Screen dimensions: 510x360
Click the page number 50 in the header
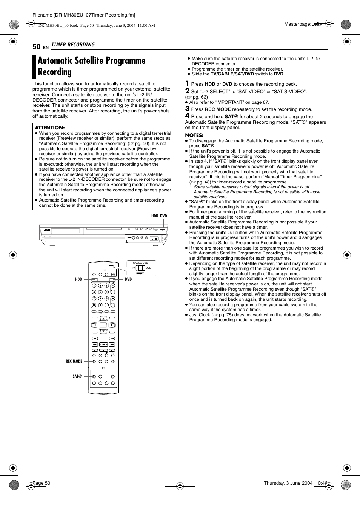36,46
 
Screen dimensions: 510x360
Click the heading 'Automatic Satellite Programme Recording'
91,66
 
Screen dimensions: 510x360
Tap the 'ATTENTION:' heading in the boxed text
50,128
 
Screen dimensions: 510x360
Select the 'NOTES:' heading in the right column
194,135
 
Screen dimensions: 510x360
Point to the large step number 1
187,83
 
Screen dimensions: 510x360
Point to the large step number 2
187,91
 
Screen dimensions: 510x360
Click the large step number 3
187,109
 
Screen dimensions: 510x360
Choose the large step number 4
187,116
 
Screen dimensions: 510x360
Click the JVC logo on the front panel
47,230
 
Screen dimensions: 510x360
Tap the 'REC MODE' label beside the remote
74,361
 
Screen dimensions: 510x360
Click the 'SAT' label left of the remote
77,376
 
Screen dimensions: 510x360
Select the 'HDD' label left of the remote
78,280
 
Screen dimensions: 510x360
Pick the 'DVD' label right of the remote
128,280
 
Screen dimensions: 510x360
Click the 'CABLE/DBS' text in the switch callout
140,263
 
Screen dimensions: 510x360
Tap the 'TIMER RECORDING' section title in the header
73,45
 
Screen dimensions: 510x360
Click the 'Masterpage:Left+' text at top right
303,24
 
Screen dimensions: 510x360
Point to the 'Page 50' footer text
42,483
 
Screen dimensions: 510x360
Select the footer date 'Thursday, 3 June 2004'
288,483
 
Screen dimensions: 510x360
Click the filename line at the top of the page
84,15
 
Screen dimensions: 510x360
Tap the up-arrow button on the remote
103,319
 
